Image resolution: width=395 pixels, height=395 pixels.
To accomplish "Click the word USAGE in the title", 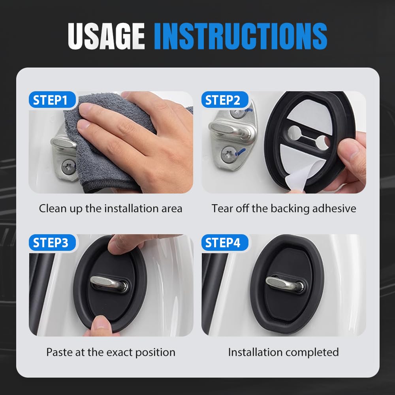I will [x=106, y=36].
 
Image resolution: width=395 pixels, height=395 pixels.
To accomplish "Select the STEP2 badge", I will [x=223, y=100].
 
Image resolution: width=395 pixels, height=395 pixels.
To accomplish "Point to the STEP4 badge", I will [x=223, y=243].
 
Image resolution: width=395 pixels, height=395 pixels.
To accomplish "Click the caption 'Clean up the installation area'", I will [x=111, y=209].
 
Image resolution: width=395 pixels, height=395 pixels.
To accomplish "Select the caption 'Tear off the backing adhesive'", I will [x=284, y=209].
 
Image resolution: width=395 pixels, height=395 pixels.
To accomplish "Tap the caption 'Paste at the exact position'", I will [x=111, y=352].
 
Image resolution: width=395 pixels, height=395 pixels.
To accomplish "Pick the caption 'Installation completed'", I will [x=284, y=352].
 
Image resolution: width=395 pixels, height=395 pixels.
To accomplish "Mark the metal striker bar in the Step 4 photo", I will [x=283, y=283].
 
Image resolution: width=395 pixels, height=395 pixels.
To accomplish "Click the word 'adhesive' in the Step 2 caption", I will [x=334, y=209].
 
